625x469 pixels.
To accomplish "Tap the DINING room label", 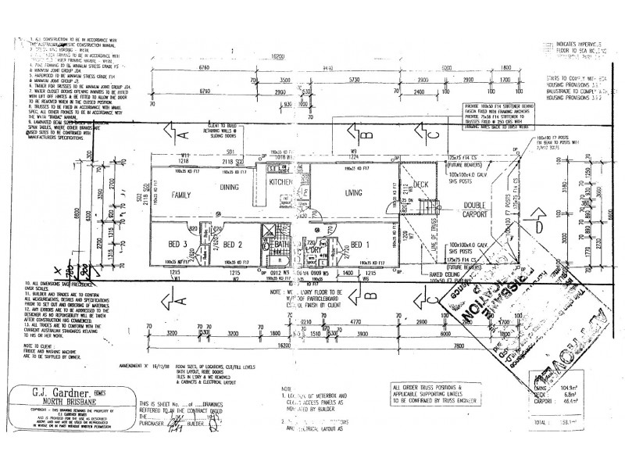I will click(230, 188).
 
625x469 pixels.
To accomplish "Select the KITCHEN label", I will click(281, 182).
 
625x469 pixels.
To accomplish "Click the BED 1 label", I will click(360, 243).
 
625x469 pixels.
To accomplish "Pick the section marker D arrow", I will click(538, 227).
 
